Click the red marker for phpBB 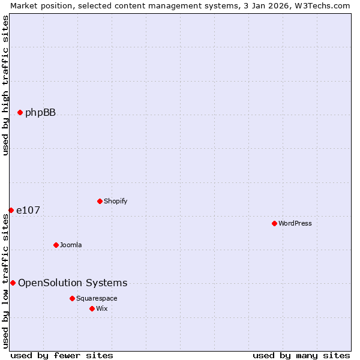coord(20,112)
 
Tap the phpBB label coord(40,112)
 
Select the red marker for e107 coord(11,210)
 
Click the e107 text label coord(28,210)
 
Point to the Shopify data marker coord(100,201)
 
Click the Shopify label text coord(115,201)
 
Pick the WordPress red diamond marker coord(274,223)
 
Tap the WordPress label coord(295,223)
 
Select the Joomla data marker coord(56,245)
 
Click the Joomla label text coord(71,245)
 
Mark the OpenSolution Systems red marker coord(13,283)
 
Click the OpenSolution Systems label coord(73,283)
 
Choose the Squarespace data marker coord(72,298)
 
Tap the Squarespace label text coord(97,298)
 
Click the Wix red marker coord(92,308)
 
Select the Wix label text coord(102,308)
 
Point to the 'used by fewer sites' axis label coord(62,355)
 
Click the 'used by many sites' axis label coord(301,355)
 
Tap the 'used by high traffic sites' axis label coord(5,85)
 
